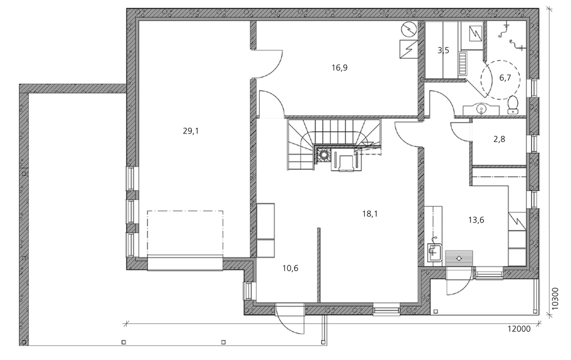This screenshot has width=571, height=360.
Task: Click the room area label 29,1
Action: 191,131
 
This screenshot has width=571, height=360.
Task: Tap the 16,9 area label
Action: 339,68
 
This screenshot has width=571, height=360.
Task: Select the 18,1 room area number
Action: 370,214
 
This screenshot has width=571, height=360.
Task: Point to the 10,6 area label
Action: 290,268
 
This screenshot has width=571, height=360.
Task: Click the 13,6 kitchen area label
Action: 476,220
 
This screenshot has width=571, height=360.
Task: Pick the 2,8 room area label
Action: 499,139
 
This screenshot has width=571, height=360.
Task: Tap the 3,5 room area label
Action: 443,50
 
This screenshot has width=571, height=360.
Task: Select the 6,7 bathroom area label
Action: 505,78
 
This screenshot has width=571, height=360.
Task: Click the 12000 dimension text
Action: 519,329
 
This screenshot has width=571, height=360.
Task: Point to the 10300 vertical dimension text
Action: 554,298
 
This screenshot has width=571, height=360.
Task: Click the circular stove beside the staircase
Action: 323,155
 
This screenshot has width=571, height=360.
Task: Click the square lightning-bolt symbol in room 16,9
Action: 409,50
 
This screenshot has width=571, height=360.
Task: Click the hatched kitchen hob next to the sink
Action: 459,258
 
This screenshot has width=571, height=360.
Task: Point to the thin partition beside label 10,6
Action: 318,265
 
